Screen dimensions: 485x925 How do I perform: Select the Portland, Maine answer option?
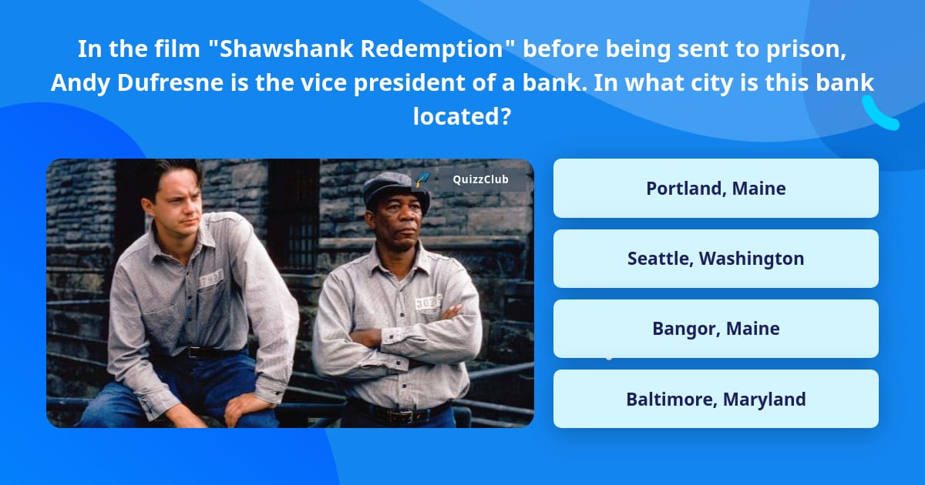715,189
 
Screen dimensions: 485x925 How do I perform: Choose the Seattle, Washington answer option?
715,259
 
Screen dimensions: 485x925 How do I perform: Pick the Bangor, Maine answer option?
715,329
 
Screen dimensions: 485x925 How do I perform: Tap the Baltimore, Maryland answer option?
715,399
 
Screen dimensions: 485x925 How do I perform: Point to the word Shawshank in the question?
284,49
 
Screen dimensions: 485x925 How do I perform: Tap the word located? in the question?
462,117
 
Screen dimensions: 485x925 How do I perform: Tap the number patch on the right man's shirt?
425,303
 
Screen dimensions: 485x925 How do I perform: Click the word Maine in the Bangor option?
752,329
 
